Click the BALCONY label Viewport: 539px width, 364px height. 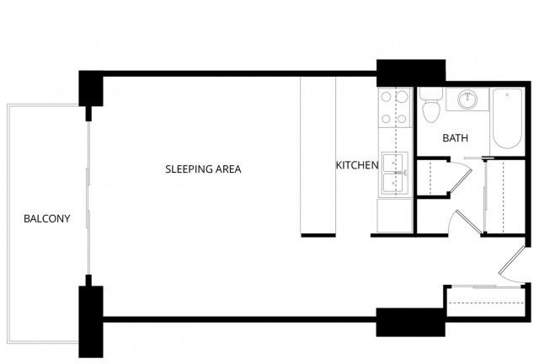47,218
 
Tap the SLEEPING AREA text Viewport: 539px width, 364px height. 203,169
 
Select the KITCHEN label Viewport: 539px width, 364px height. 357,165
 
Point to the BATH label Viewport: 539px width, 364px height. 455,138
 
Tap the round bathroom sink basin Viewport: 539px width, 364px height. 467,99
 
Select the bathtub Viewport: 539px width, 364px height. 507,118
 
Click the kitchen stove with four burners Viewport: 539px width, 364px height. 395,107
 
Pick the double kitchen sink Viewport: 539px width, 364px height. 395,174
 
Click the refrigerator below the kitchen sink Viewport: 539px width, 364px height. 395,216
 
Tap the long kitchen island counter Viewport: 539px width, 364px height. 318,155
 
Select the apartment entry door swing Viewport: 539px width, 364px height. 512,265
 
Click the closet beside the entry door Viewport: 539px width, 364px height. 486,302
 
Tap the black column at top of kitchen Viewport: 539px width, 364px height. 411,73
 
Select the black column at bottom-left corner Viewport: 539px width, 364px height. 91,322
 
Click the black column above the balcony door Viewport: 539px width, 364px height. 91,88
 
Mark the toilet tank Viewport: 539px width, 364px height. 431,94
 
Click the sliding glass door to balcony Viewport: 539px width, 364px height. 88,198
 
